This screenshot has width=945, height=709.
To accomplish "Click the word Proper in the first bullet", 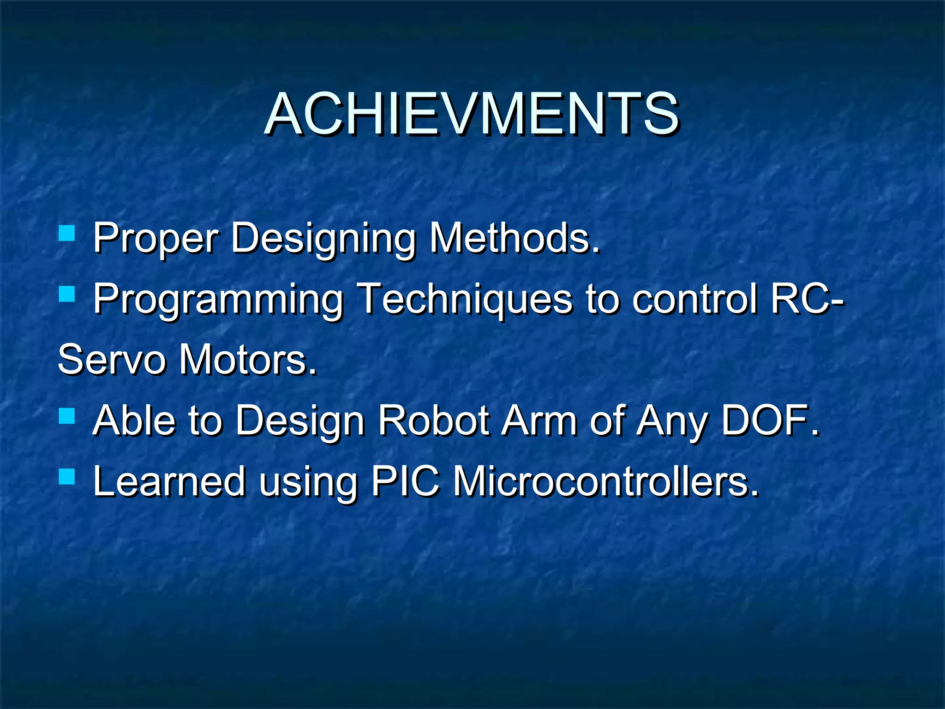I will [155, 238].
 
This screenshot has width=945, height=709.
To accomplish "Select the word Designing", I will [323, 238].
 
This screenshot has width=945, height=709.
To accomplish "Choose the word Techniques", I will [465, 299].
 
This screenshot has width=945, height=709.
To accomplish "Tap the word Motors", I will [248, 360].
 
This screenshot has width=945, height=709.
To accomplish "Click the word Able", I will [134, 420].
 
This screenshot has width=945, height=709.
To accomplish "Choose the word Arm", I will [539, 420].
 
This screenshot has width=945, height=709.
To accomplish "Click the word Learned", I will [169, 481].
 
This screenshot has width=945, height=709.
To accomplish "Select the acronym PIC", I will [405, 481].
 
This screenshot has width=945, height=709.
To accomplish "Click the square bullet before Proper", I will [67, 233].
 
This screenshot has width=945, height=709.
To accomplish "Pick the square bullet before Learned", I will [67, 476].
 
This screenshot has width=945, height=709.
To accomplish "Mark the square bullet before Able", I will [67, 415].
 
